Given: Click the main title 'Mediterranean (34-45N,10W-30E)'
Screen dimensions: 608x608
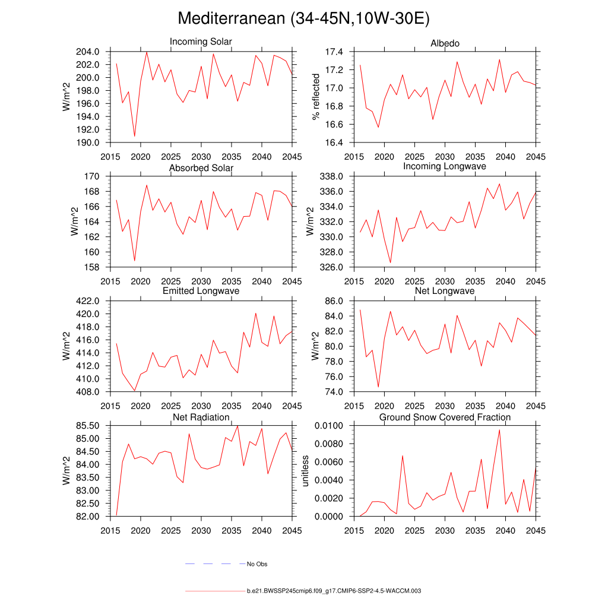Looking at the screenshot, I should click(x=303, y=19).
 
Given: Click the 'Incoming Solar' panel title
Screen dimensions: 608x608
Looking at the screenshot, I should click(x=201, y=42).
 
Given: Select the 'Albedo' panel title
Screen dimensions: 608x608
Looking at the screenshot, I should click(x=445, y=43).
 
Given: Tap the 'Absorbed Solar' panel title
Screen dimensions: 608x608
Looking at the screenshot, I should click(x=201, y=168).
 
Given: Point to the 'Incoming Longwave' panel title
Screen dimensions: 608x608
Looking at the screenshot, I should click(x=445, y=166).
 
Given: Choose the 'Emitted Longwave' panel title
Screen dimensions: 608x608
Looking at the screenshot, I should click(x=201, y=291).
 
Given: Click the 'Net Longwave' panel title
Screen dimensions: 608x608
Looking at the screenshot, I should click(x=445, y=291).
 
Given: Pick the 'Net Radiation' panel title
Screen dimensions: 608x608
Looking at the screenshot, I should click(x=201, y=417).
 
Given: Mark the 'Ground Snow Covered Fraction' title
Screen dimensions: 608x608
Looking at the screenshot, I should click(x=445, y=417).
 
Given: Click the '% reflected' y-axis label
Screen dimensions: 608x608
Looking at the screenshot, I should click(x=316, y=97).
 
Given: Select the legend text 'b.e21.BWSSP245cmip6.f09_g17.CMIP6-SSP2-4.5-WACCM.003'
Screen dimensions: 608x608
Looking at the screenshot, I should click(x=334, y=591).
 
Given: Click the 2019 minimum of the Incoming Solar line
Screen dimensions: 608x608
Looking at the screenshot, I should click(x=134, y=137).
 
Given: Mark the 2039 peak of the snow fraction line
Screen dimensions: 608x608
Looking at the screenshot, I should click(x=499, y=429).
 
